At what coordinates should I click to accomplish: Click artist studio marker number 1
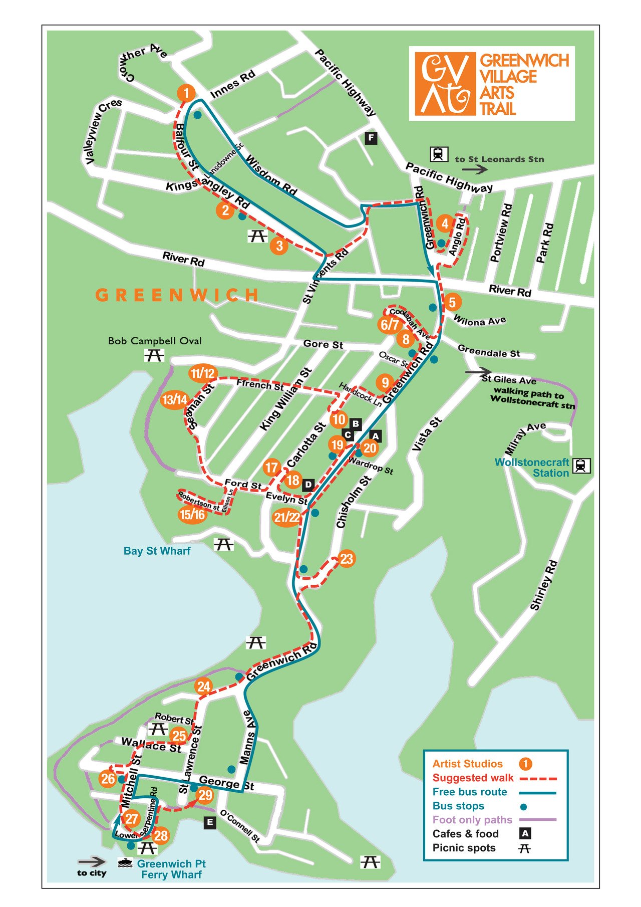pyautogui.click(x=186, y=93)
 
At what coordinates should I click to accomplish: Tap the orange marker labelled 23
pyautogui.click(x=347, y=559)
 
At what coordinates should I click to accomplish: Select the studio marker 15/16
pyautogui.click(x=192, y=515)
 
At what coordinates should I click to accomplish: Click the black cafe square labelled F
pyautogui.click(x=371, y=138)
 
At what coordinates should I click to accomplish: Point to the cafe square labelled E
pyautogui.click(x=210, y=822)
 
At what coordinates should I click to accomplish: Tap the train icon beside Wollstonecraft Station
pyautogui.click(x=581, y=466)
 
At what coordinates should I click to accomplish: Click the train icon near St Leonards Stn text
pyautogui.click(x=439, y=154)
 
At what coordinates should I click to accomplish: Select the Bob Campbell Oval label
pyautogui.click(x=155, y=341)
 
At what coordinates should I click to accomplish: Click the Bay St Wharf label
pyautogui.click(x=157, y=551)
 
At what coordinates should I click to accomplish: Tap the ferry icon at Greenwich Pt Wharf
pyautogui.click(x=125, y=863)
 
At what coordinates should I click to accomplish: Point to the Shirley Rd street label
pyautogui.click(x=544, y=585)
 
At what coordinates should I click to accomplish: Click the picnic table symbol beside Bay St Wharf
pyautogui.click(x=223, y=544)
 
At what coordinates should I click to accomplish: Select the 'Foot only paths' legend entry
pyautogui.click(x=472, y=820)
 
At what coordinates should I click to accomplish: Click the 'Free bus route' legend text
pyautogui.click(x=470, y=792)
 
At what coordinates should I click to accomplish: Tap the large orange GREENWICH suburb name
pyautogui.click(x=177, y=295)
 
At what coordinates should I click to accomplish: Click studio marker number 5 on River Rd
pyautogui.click(x=452, y=302)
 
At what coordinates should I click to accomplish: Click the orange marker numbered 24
pyautogui.click(x=203, y=687)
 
